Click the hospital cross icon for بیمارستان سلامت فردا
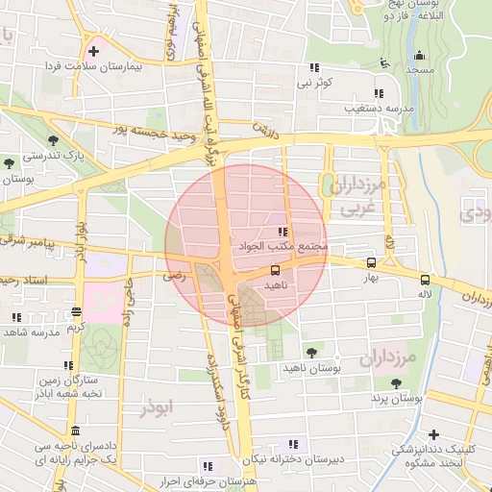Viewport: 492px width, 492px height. point(93,50)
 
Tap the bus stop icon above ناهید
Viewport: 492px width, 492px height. point(276,270)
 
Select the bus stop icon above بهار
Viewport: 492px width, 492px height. point(371,262)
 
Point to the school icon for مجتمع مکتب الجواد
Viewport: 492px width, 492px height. point(282,232)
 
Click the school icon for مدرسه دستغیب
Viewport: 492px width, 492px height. point(379,93)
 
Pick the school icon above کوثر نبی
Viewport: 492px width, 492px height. point(313,67)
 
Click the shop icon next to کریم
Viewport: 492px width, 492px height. point(76,311)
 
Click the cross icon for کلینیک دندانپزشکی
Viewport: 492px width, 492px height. point(433,434)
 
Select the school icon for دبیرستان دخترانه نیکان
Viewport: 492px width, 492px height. point(292,444)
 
